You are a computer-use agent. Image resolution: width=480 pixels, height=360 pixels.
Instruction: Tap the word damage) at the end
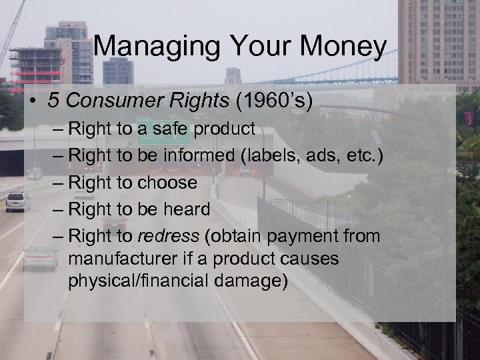coord(253,281)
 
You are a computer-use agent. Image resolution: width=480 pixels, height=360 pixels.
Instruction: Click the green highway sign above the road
coord(154,134)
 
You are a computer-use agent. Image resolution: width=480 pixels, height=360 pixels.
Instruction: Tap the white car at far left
coord(17,201)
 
